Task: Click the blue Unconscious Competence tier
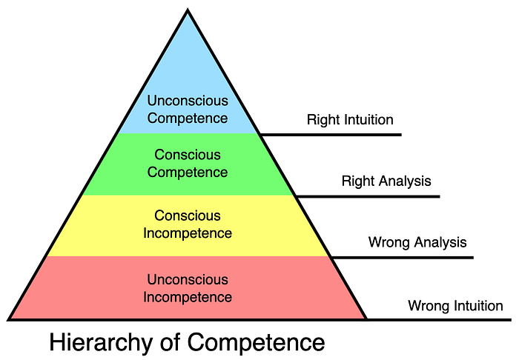187,81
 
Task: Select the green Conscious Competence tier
187,164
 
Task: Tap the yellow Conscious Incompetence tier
188,224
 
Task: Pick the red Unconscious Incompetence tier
188,288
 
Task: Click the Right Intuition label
350,119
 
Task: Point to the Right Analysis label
386,180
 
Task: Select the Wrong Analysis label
417,241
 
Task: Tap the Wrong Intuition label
455,305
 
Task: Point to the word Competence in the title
256,342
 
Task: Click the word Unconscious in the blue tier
187,100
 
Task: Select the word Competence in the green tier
188,172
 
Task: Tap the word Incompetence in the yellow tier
188,233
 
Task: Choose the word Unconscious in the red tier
188,280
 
